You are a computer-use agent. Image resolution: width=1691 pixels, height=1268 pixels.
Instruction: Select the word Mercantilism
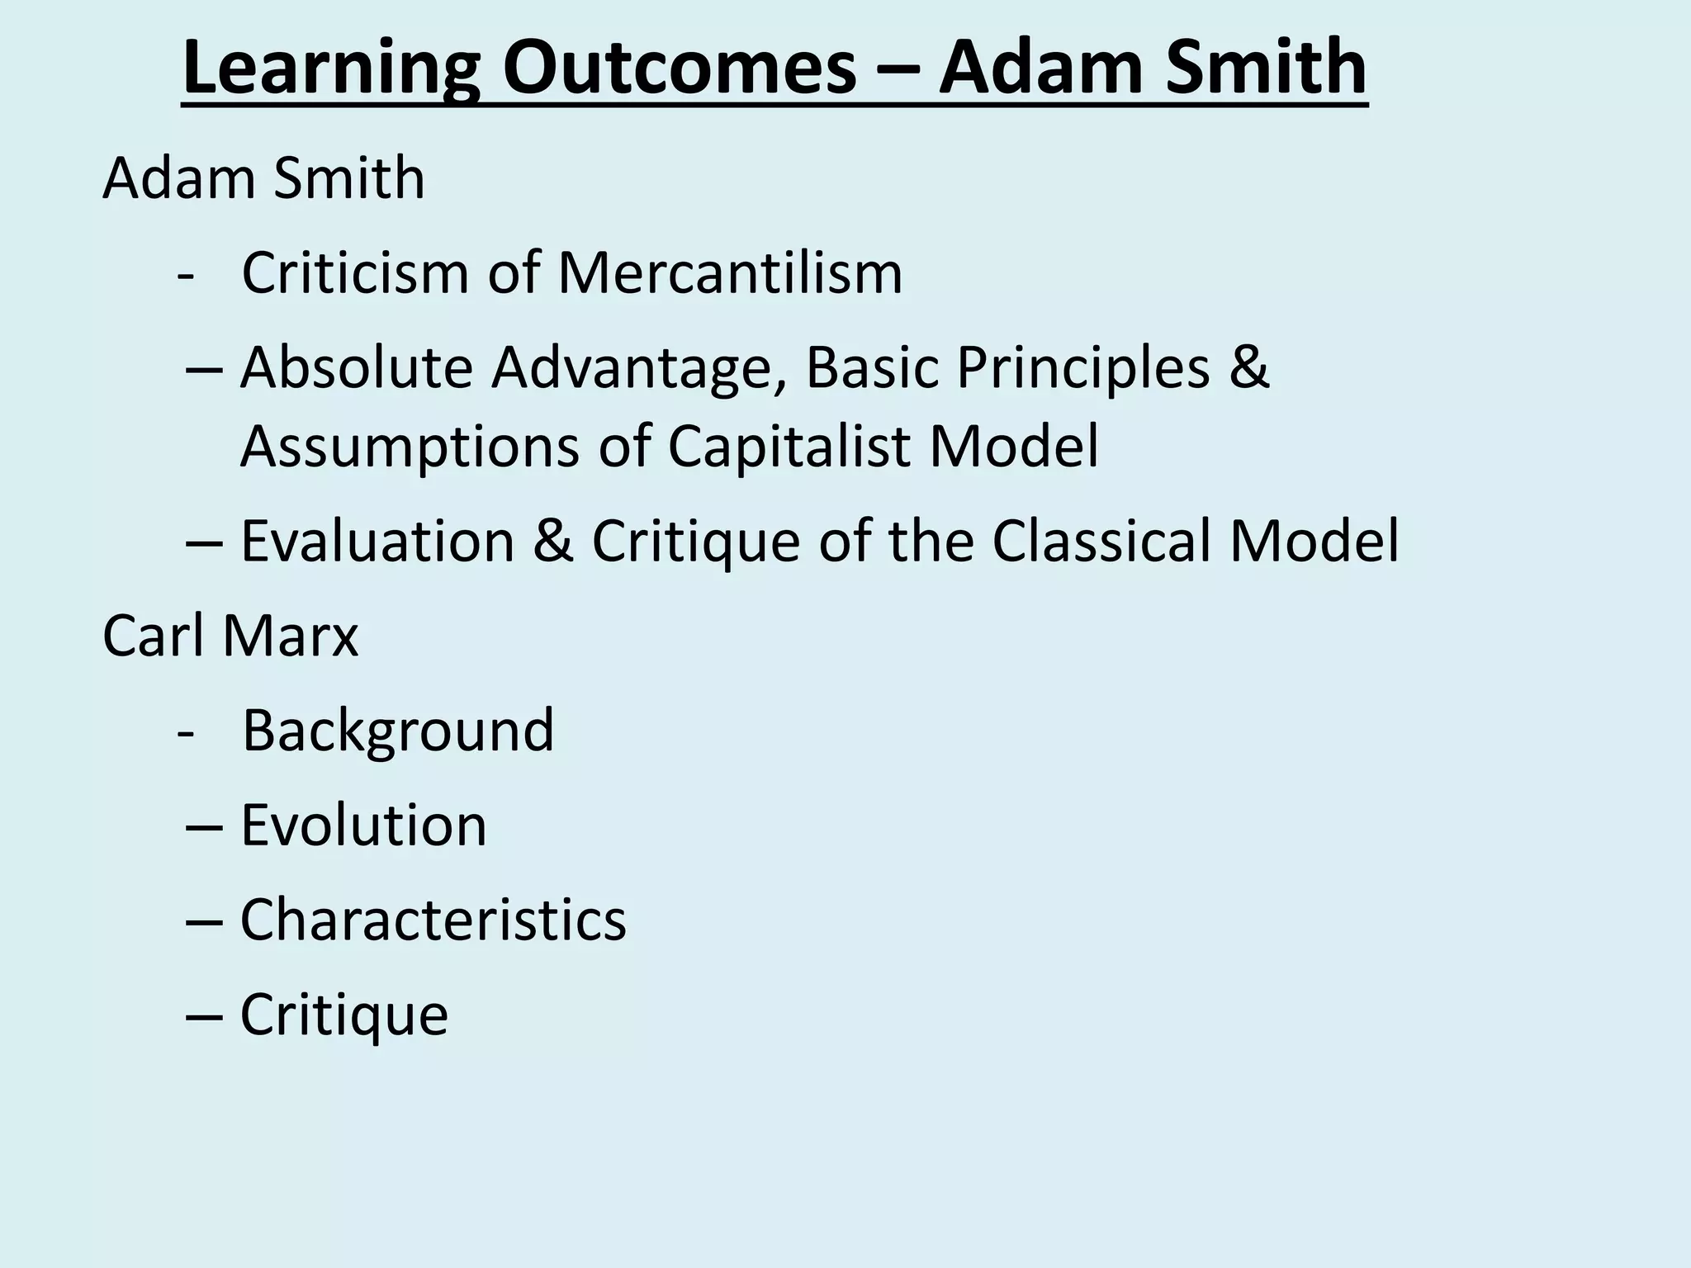click(730, 272)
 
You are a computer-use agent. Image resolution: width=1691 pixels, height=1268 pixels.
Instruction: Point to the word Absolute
click(356, 367)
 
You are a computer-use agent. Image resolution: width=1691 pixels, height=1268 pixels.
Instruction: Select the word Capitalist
click(788, 447)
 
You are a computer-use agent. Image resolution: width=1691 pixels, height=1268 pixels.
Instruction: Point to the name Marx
click(290, 636)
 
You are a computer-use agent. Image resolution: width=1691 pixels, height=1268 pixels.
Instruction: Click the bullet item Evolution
click(363, 826)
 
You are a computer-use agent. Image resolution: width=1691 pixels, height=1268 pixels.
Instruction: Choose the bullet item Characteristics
click(433, 920)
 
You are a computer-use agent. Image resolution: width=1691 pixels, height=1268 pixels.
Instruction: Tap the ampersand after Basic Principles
click(1248, 367)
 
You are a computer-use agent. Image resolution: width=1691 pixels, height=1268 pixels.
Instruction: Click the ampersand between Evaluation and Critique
click(553, 542)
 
